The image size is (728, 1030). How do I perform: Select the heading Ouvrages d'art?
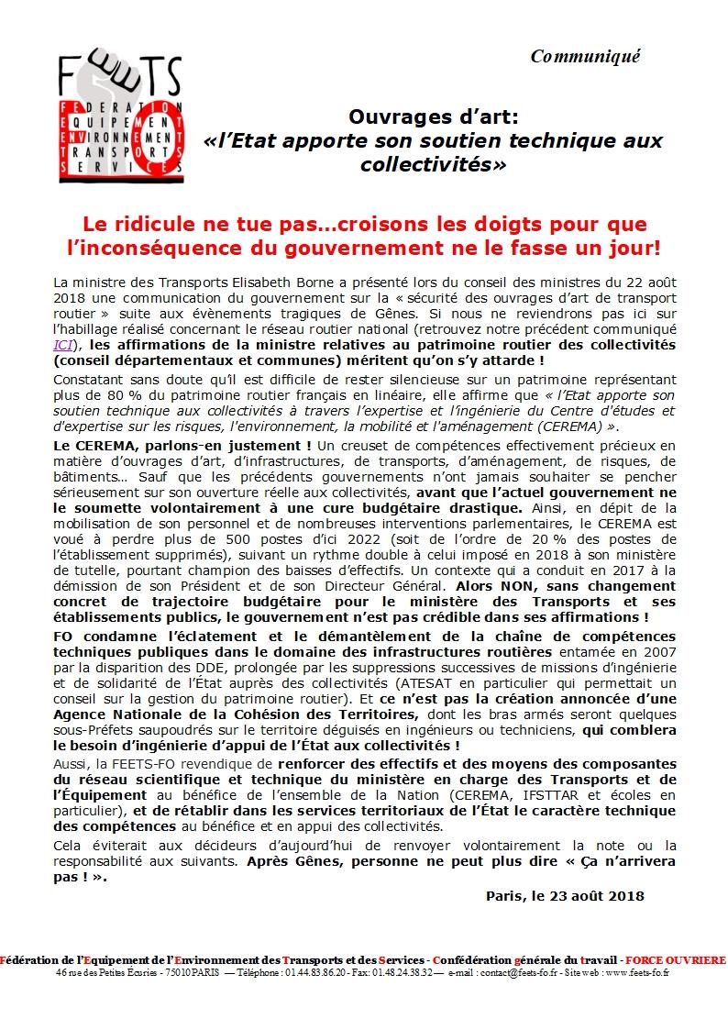tap(433, 117)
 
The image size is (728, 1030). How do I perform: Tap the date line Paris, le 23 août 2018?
tap(564, 895)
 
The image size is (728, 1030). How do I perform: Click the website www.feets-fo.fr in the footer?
tap(635, 972)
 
